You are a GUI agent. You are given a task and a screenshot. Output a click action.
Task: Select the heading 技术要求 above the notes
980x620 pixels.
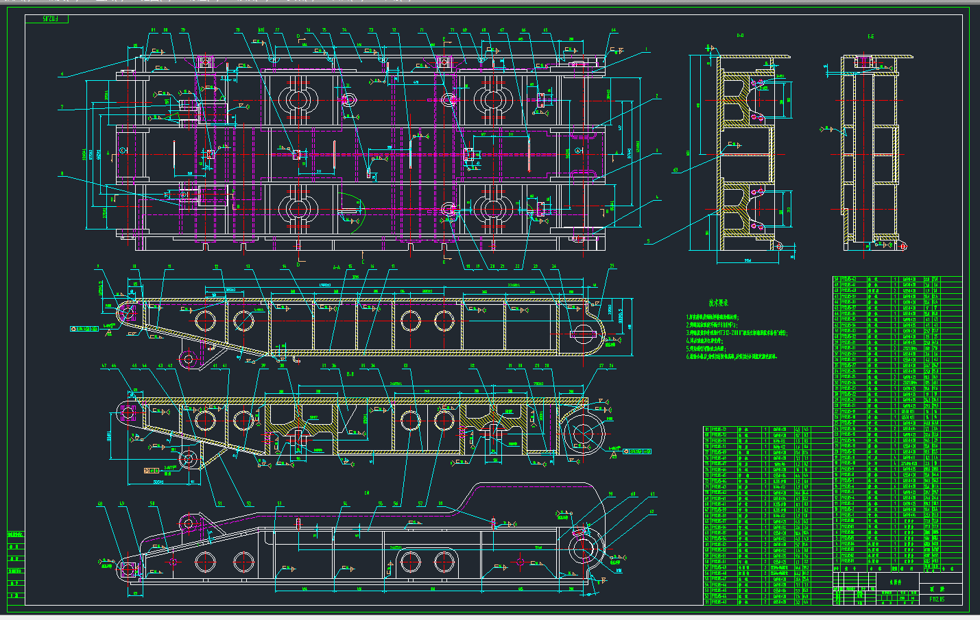click(718, 302)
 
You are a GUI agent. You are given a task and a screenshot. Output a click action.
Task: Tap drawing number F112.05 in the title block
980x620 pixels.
click(937, 599)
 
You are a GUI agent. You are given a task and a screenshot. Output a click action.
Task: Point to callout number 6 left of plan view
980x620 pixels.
click(62, 74)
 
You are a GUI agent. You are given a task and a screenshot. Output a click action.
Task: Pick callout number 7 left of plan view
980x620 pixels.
click(62, 107)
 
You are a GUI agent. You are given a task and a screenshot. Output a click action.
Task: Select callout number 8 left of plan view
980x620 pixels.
click(62, 173)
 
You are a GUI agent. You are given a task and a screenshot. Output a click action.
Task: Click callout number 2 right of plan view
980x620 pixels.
click(656, 97)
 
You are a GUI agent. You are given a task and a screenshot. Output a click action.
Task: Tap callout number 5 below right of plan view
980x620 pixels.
click(648, 241)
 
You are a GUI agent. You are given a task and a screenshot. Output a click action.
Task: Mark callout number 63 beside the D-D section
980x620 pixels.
click(676, 170)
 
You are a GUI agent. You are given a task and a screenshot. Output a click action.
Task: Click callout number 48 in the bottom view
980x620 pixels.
click(101, 504)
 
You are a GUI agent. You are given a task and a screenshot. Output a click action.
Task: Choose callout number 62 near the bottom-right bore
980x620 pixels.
click(652, 512)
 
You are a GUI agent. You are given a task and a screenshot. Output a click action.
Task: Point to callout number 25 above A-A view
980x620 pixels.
click(612, 266)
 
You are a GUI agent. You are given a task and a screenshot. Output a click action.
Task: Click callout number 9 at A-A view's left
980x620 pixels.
click(98, 266)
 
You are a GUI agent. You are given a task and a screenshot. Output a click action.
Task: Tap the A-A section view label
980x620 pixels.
click(336, 268)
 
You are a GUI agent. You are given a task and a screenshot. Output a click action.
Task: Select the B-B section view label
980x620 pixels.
click(350, 374)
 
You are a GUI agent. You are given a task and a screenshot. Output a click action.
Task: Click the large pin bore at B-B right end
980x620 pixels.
click(583, 434)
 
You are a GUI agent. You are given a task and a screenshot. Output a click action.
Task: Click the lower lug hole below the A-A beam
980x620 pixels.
click(189, 358)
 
